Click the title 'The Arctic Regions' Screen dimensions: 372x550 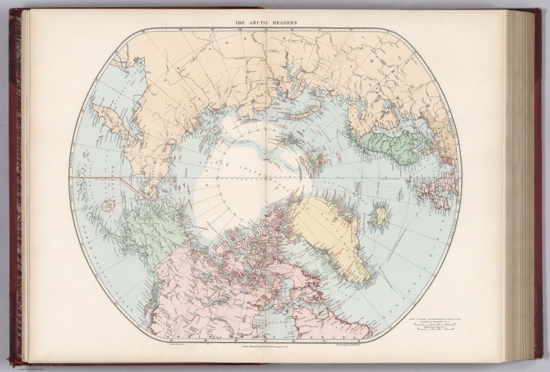click(x=266, y=24)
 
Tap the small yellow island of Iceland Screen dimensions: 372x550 click(x=380, y=214)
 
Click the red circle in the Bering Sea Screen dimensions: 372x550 click(x=108, y=205)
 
